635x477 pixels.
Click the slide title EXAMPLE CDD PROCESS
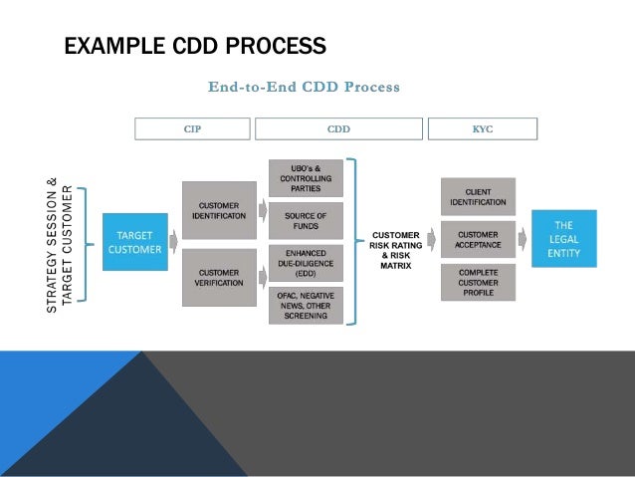[195, 47]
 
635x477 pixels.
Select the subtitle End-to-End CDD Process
[304, 88]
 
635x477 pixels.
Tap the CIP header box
[192, 128]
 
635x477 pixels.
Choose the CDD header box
[338, 128]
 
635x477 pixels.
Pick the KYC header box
[482, 128]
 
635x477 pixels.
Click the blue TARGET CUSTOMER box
[134, 242]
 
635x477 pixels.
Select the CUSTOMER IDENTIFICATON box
[218, 209]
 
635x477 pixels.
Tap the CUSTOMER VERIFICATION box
[218, 276]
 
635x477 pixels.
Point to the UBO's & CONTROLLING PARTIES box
[305, 177]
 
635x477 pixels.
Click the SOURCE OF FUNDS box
[305, 220]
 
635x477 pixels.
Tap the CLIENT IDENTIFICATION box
[478, 196]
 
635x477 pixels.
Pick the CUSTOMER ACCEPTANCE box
[478, 240]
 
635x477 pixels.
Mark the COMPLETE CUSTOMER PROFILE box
[478, 282]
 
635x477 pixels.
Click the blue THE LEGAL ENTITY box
[563, 239]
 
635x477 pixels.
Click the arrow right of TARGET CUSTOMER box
[174, 241]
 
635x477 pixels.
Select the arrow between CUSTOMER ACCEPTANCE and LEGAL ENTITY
[524, 240]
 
